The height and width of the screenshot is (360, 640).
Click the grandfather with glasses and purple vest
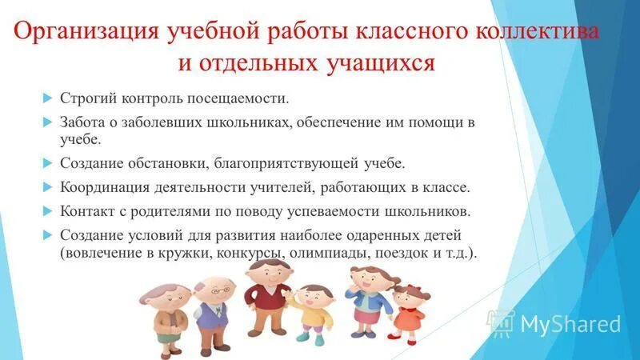coord(212,308)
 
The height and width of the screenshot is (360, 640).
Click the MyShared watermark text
coord(570,324)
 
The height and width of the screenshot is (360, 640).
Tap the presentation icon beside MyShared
coord(502,323)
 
